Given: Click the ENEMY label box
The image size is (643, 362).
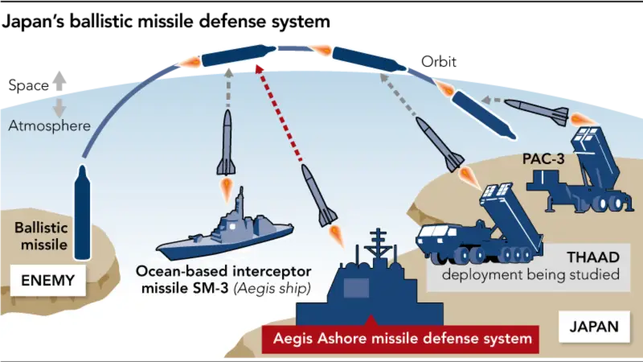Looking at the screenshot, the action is [48, 280].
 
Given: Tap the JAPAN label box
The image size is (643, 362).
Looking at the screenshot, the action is [594, 327].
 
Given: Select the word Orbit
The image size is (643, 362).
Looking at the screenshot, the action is [438, 62].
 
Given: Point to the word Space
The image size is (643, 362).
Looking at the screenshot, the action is [28, 85].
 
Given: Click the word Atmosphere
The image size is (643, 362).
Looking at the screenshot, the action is [49, 125].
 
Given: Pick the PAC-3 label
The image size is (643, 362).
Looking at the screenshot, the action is [543, 158].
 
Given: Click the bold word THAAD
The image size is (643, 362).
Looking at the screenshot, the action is [593, 257].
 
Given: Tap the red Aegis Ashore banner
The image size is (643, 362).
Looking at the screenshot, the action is [400, 339].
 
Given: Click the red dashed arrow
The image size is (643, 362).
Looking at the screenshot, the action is [278, 112].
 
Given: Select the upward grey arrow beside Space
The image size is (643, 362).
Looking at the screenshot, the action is [59, 81].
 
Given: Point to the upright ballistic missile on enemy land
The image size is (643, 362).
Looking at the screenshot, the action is [83, 212].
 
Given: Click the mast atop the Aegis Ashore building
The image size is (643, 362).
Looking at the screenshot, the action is [378, 247].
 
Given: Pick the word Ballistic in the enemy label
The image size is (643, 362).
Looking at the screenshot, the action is [41, 228].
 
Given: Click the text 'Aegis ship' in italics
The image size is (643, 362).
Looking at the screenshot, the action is [272, 289].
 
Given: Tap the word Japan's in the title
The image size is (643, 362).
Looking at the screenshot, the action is [33, 22].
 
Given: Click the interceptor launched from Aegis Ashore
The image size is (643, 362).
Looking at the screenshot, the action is [319, 195].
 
